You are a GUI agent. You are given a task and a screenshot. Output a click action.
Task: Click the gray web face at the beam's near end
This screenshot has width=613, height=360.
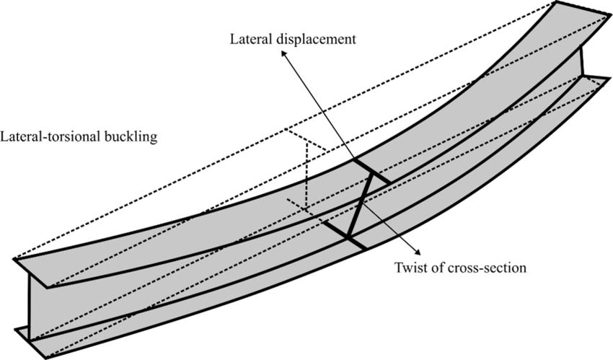(38, 303)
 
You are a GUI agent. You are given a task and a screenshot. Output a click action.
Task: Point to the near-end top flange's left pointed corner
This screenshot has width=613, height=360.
(14, 259)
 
